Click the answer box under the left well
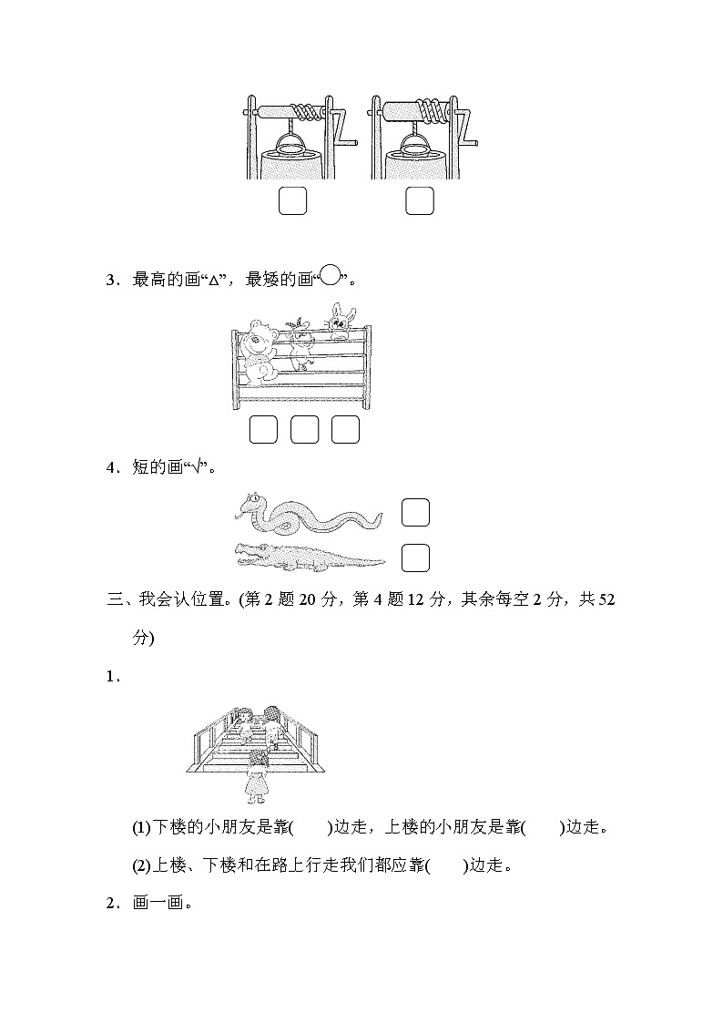292,201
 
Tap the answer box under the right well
420,201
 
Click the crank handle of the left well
342,129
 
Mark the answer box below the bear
263,429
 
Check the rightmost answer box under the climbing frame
345,429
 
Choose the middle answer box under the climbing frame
304,429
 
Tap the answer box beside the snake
415,513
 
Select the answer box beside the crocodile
415,557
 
